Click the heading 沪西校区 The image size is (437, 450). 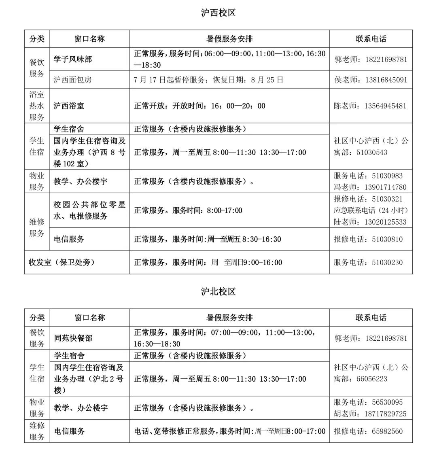click(x=218, y=13)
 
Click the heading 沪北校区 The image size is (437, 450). click(x=218, y=291)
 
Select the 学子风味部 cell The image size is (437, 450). click(x=73, y=59)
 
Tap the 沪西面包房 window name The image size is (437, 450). click(x=73, y=80)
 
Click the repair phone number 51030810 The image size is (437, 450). click(x=387, y=239)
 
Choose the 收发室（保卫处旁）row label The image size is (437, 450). click(x=62, y=262)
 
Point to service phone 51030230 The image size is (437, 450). click(x=387, y=262)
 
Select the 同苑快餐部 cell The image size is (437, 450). click(x=73, y=338)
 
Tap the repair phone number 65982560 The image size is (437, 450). click(x=387, y=431)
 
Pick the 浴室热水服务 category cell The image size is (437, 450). click(x=36, y=106)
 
